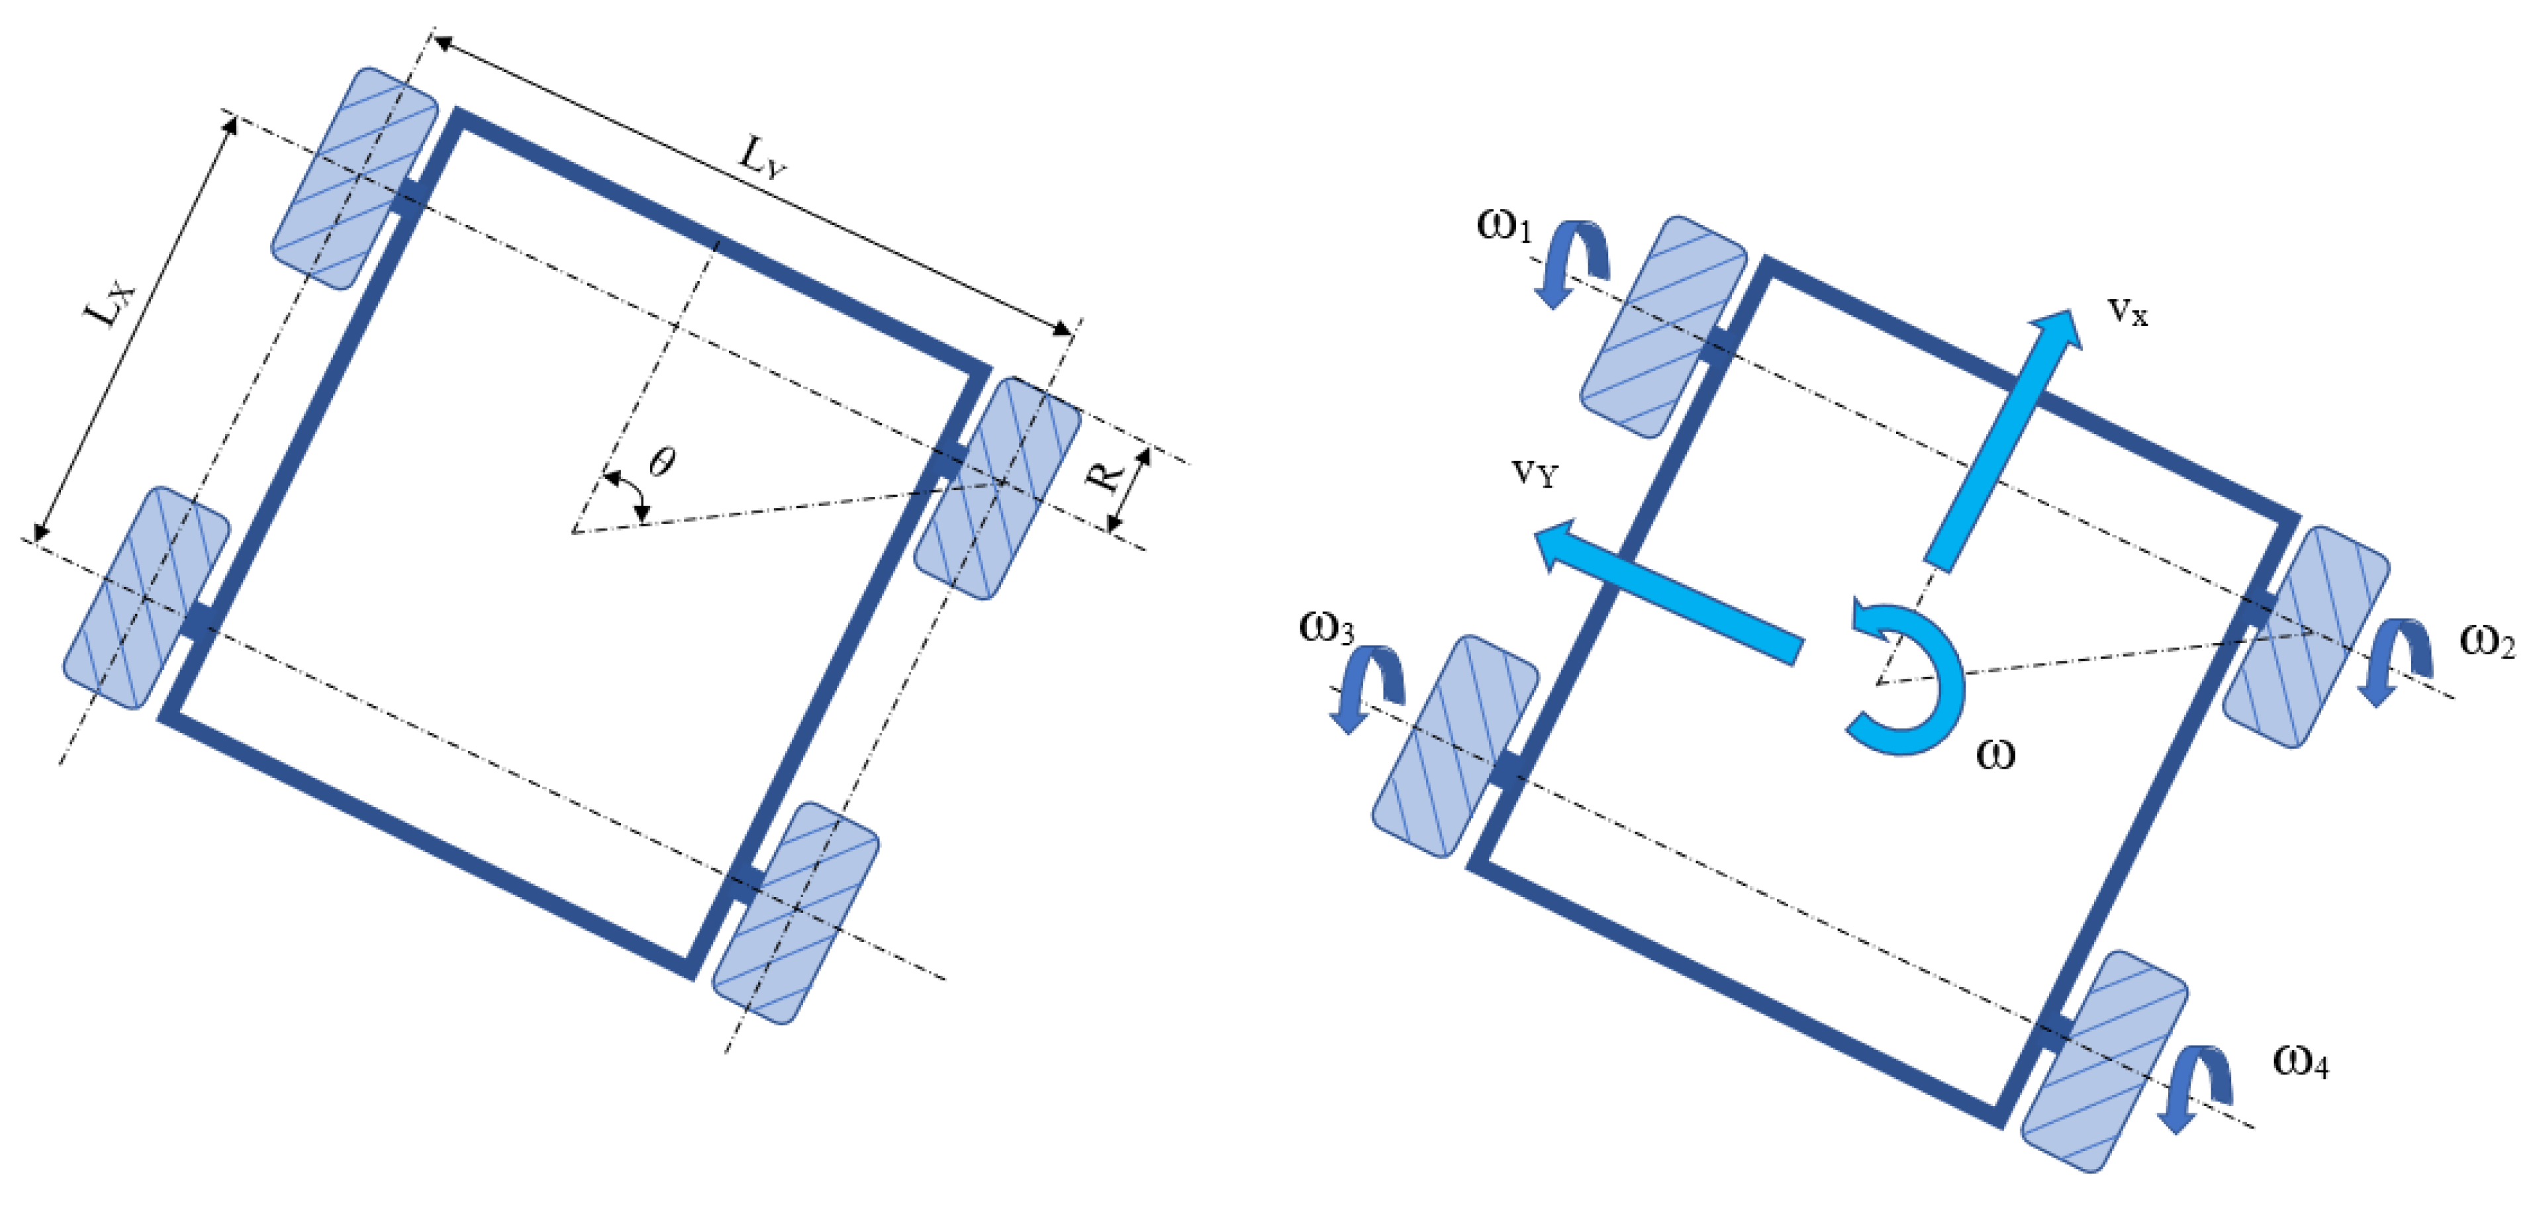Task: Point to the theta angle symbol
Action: coord(663,460)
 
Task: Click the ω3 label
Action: coord(1327,628)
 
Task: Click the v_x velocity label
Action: coord(2127,312)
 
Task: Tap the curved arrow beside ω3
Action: coord(1368,687)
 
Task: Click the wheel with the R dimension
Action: coord(997,488)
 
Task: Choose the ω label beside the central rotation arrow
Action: coord(1995,754)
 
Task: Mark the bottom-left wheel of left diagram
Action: coord(146,597)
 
